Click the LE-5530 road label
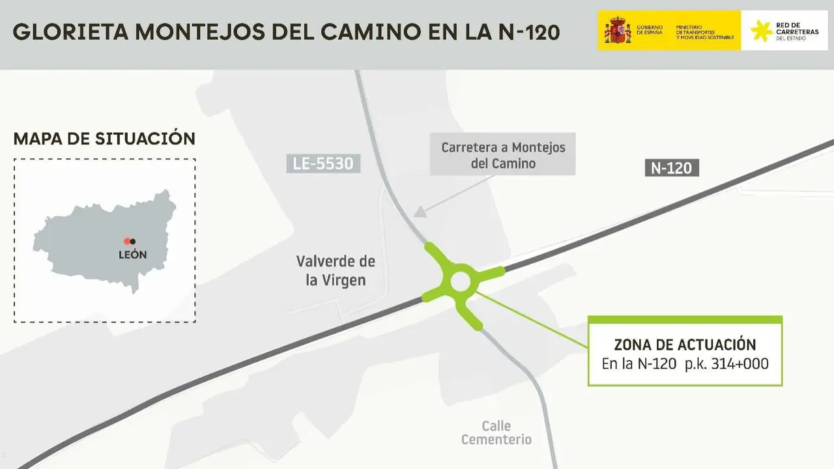point(323,163)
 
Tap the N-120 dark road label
point(671,168)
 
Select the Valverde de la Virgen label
point(336,271)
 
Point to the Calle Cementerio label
point(496,433)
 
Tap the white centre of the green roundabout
point(461,282)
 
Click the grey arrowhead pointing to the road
point(420,211)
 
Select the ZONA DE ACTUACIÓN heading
point(685,345)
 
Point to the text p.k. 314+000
point(726,364)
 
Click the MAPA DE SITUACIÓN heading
point(104,139)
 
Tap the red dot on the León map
point(127,242)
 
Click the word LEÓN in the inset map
point(132,255)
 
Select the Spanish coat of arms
point(617,31)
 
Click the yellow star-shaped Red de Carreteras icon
point(761,31)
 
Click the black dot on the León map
point(133,242)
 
